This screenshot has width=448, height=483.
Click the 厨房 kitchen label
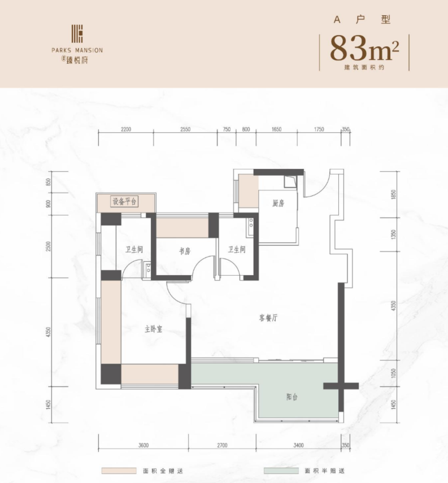click(x=278, y=203)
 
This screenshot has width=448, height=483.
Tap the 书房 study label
click(x=185, y=251)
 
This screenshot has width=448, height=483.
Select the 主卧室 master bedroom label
click(x=154, y=329)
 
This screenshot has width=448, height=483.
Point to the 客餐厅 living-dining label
click(x=268, y=317)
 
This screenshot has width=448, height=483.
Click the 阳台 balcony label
click(x=292, y=397)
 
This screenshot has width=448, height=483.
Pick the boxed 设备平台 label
click(x=124, y=202)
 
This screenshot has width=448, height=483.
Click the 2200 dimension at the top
click(x=126, y=129)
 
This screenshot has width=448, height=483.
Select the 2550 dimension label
click(x=185, y=129)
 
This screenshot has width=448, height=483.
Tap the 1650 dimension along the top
click(x=276, y=129)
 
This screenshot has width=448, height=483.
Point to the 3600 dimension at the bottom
click(x=143, y=445)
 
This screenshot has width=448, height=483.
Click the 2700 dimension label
click(x=222, y=445)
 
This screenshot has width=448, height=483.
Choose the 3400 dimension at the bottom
click(x=298, y=445)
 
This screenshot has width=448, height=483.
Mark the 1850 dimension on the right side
click(x=393, y=195)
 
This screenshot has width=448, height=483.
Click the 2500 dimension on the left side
click(x=48, y=246)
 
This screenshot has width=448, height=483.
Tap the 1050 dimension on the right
click(x=393, y=373)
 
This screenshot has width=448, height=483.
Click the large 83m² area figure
click(x=364, y=49)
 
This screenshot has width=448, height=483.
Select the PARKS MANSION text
click(x=77, y=50)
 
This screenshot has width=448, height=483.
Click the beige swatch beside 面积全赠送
click(x=119, y=471)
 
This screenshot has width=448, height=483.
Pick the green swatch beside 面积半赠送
click(x=281, y=471)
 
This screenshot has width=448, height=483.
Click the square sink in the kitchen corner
click(x=290, y=181)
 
